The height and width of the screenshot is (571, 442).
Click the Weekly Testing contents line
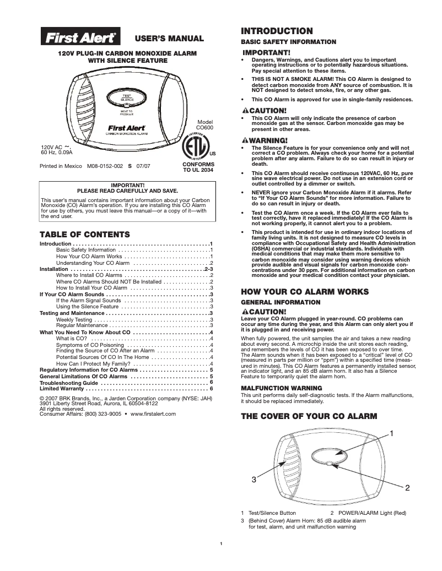pyautogui.click(x=74, y=319)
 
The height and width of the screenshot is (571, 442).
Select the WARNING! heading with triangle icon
pyautogui.click(x=265, y=140)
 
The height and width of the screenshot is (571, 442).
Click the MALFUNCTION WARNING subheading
pyautogui.click(x=274, y=388)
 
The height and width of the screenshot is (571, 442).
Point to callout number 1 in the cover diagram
pyautogui.click(x=392, y=434)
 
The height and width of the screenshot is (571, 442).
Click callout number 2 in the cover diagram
pyautogui.click(x=407, y=488)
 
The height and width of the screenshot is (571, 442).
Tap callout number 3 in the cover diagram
pyautogui.click(x=254, y=479)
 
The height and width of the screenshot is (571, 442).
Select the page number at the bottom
pyautogui.click(x=220, y=545)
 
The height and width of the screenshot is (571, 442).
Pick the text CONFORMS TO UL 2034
pyautogui.click(x=198, y=167)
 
